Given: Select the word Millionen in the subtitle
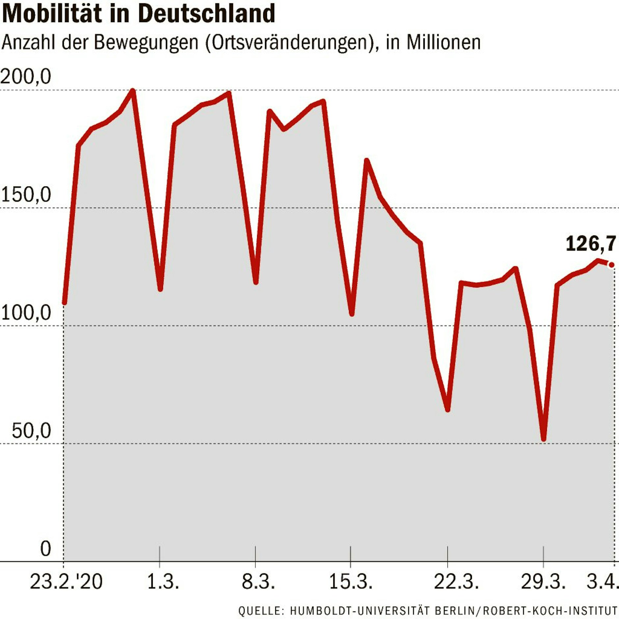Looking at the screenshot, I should pyautogui.click(x=443, y=43).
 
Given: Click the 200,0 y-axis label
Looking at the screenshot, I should pyautogui.click(x=26, y=77).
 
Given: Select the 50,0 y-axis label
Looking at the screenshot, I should pyautogui.click(x=31, y=430).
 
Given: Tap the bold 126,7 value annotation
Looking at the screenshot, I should pyautogui.click(x=591, y=244).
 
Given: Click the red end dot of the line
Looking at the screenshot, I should pyautogui.click(x=611, y=265).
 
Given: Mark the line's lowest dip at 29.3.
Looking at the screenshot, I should pyautogui.click(x=544, y=439).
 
